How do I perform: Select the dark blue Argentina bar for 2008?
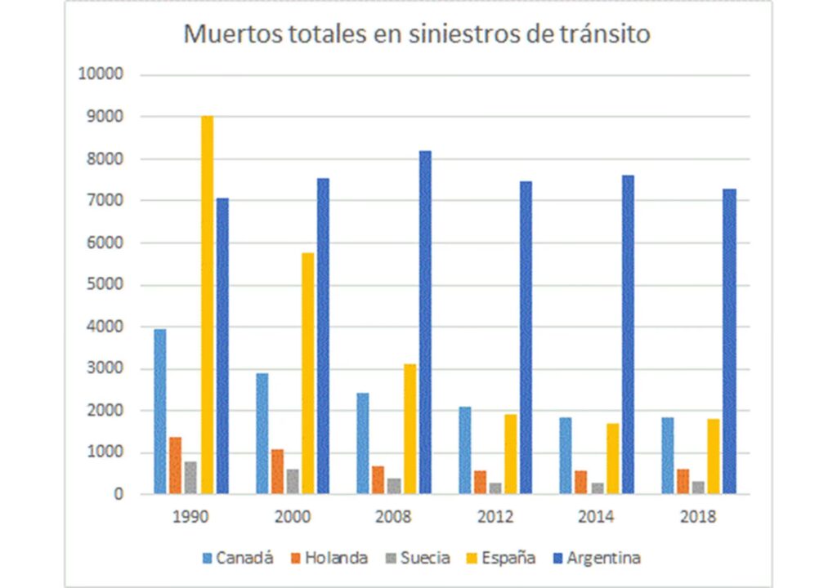425,322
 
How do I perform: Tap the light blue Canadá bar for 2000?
262,433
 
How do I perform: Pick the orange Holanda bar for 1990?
175,465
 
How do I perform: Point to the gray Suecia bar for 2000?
292,481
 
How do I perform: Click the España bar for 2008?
410,428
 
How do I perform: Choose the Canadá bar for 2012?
464,450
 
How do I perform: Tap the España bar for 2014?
612,458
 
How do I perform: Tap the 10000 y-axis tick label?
100,74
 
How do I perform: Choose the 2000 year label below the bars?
292,516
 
